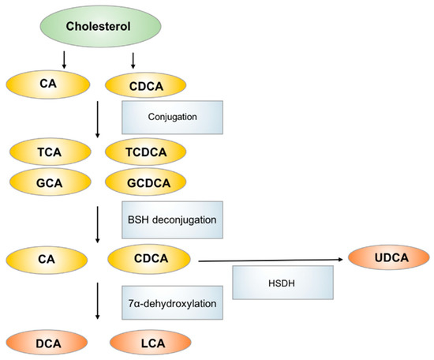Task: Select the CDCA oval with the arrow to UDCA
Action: [149, 258]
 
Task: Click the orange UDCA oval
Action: [385, 258]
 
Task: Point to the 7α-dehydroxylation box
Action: [172, 303]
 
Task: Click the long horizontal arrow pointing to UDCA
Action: [268, 258]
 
